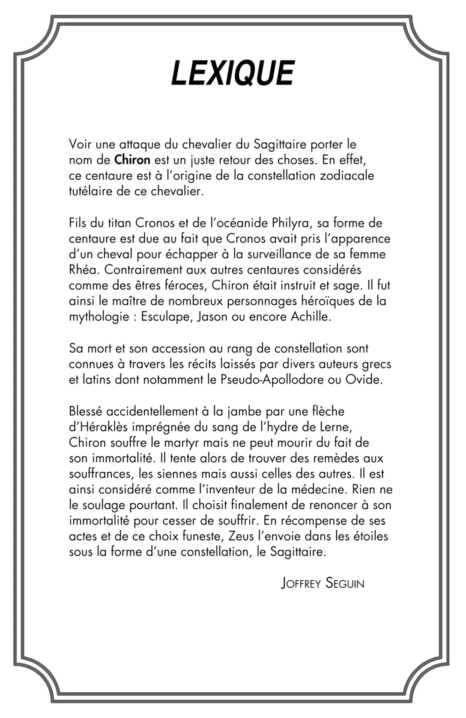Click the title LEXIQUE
(x=233, y=73)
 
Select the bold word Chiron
(x=132, y=160)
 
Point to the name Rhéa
(x=84, y=270)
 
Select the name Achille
(x=311, y=317)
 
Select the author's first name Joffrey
(x=301, y=584)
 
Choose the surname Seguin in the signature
(x=345, y=584)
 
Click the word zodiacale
(x=347, y=176)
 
